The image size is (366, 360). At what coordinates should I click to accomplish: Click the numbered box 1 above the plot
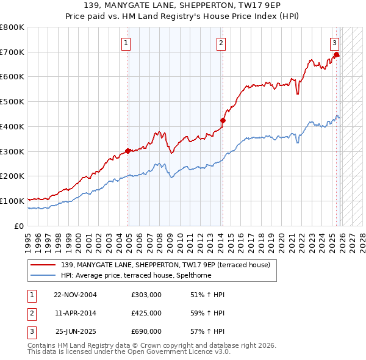(x=126, y=43)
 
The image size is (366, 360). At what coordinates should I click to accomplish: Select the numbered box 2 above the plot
(x=220, y=43)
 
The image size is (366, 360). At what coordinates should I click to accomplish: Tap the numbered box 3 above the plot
(x=335, y=43)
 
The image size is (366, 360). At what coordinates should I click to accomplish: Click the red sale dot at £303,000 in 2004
(x=127, y=151)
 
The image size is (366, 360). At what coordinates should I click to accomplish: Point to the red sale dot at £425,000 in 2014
(x=223, y=120)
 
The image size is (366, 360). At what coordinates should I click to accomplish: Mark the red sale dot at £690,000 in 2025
(x=336, y=55)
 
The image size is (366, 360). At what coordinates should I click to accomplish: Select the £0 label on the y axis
(x=18, y=226)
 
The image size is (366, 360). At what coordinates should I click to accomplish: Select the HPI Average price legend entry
(x=144, y=275)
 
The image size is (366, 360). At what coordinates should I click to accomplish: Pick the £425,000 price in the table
(x=146, y=313)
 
